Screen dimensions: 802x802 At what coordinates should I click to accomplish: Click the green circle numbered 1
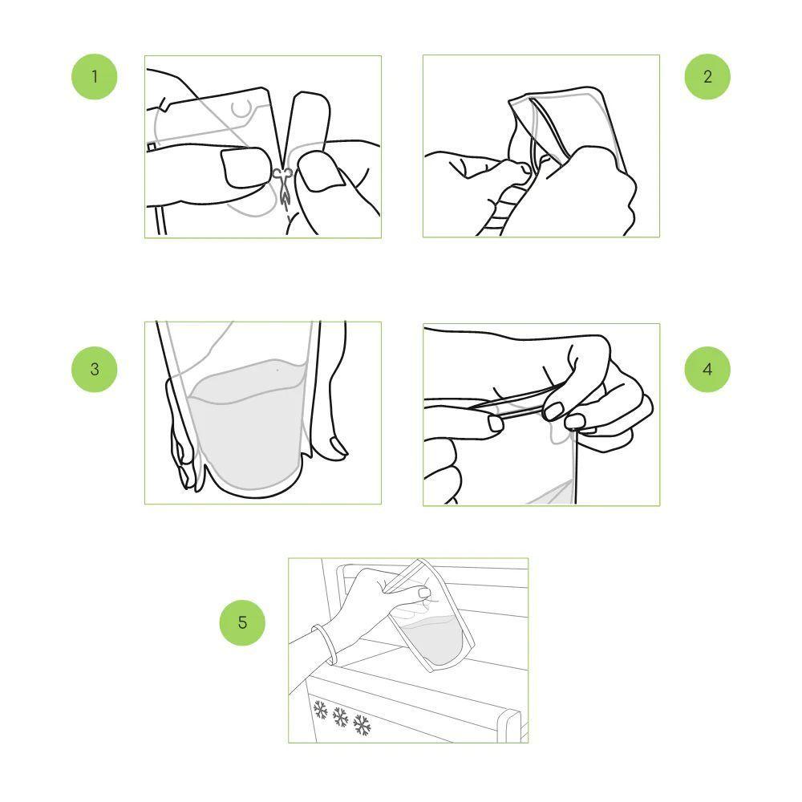(94, 77)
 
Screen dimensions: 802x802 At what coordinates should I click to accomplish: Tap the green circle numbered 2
(707, 77)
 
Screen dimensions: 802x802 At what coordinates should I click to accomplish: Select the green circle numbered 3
(94, 369)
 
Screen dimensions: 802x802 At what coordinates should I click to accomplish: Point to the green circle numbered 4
(707, 369)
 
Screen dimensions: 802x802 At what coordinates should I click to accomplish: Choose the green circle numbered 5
(242, 622)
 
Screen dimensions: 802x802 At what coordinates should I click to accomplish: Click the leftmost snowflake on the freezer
(320, 710)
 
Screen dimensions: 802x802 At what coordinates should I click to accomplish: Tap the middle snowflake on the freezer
(341, 717)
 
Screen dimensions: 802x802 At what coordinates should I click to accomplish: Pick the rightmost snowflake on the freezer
(363, 725)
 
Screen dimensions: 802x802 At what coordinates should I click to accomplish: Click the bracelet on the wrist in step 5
(323, 644)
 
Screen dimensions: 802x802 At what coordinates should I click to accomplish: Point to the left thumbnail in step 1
(245, 168)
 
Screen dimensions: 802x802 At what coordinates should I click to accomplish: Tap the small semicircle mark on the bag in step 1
(241, 109)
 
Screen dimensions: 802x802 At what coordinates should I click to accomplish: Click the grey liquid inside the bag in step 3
(246, 424)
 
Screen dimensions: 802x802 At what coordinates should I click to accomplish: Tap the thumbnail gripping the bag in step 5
(425, 593)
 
